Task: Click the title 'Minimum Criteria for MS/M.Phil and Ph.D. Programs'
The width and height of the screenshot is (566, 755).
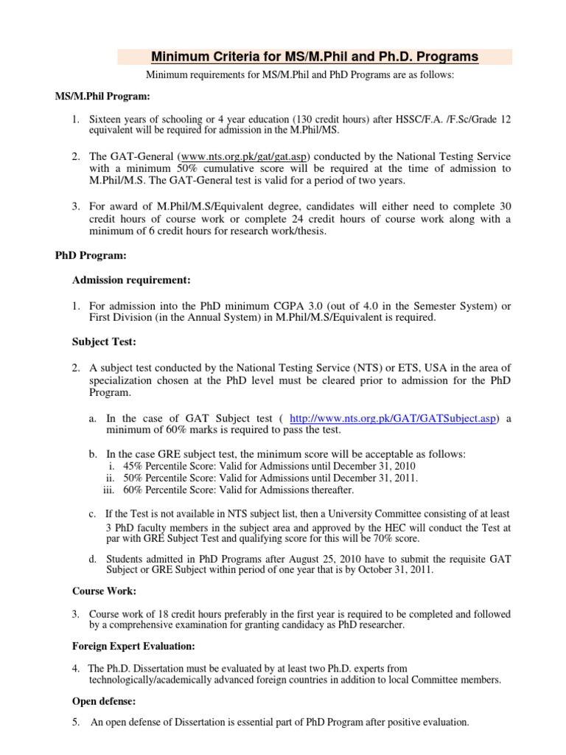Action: (314, 57)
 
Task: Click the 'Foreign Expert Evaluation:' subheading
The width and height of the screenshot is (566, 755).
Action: (133, 646)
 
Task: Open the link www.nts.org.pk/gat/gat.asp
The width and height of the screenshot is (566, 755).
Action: (245, 157)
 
